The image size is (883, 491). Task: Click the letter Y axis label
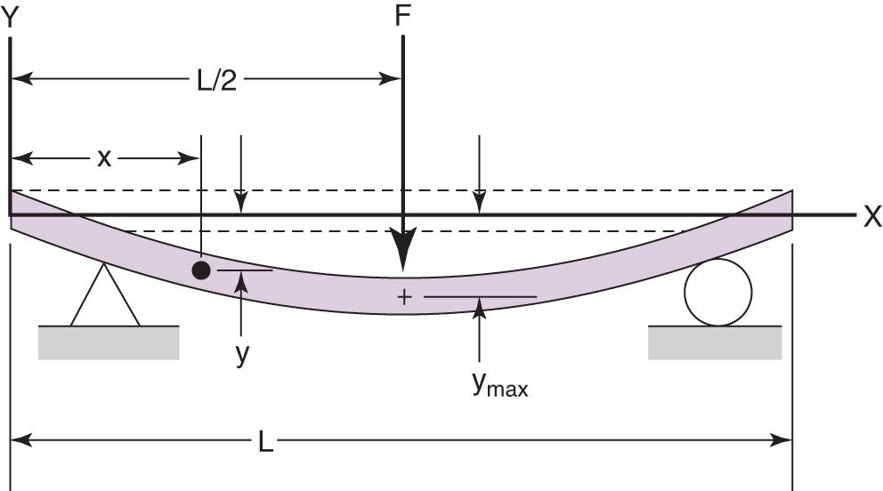11,18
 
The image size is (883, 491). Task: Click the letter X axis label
871,216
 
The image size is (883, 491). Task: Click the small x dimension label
104,158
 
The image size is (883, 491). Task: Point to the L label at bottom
265,439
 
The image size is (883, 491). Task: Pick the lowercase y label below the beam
242,353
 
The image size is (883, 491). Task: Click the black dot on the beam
202,270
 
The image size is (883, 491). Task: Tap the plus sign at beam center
404,296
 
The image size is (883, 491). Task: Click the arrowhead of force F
404,257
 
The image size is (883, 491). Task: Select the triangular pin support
105,296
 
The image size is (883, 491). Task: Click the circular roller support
717,292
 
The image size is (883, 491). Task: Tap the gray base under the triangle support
109,342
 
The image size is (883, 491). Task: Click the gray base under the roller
715,342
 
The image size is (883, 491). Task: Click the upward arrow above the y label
241,282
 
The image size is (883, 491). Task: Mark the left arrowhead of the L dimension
20,439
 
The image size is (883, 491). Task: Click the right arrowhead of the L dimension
783,439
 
